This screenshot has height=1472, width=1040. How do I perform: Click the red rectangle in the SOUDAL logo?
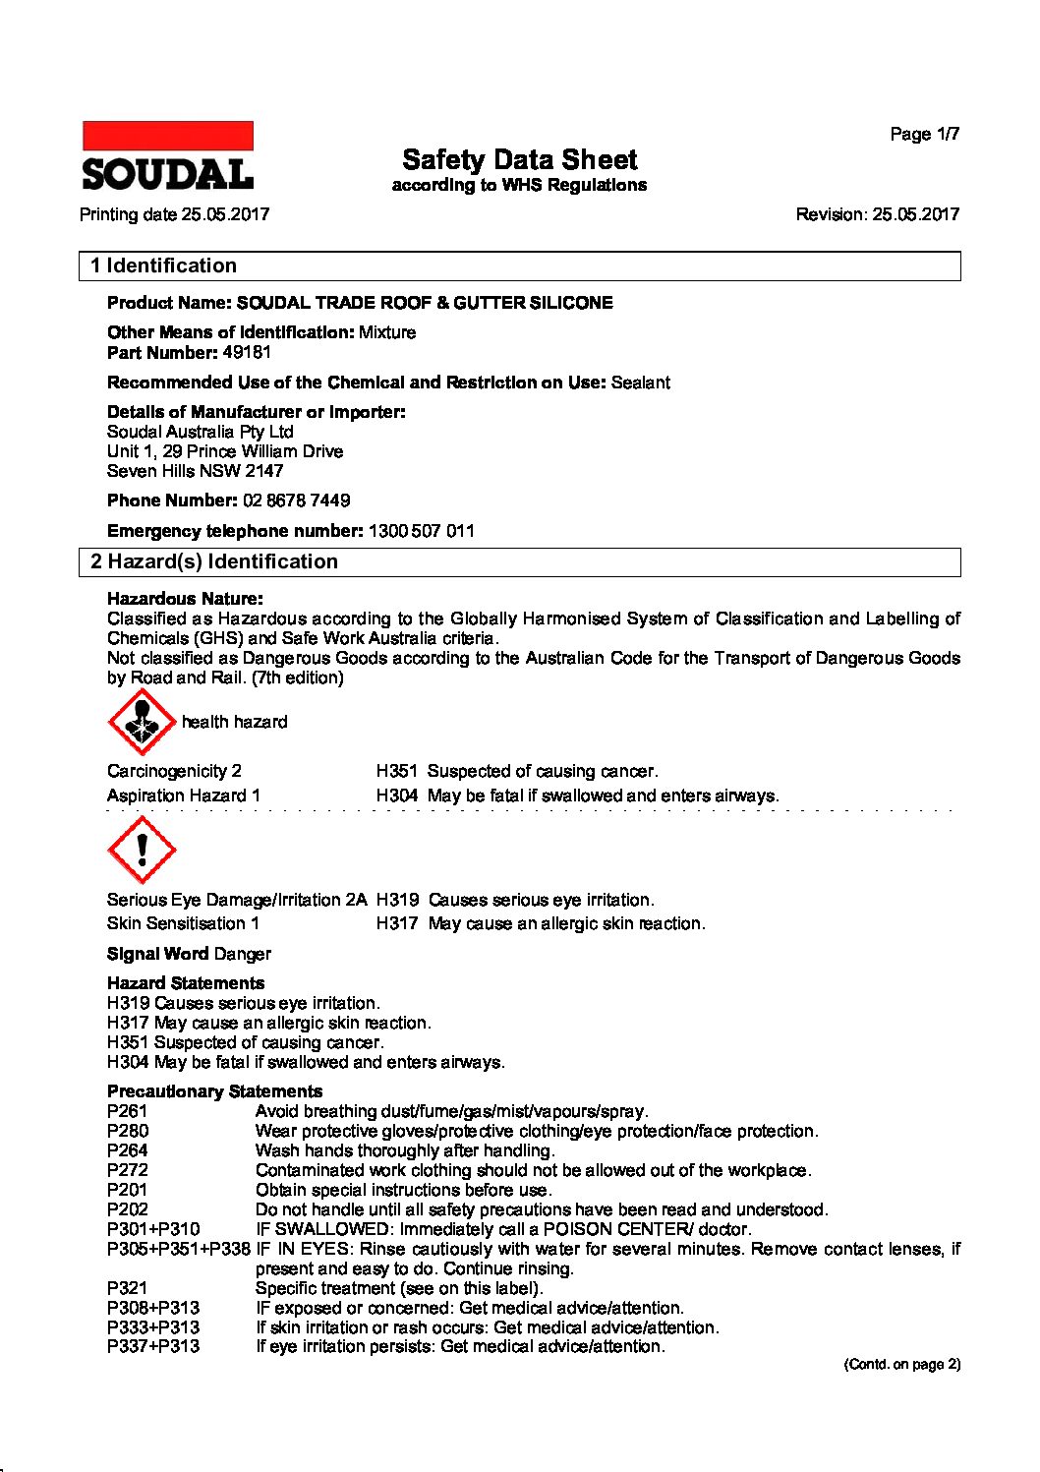click(x=168, y=136)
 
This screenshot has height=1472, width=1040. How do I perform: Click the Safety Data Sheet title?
click(x=519, y=160)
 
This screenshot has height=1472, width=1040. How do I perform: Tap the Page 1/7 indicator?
click(x=924, y=135)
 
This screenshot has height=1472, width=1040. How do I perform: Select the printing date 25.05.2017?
click(x=225, y=214)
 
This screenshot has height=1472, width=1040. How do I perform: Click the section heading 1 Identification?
click(x=163, y=266)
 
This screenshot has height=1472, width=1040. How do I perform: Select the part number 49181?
click(x=247, y=353)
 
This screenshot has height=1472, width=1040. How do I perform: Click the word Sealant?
click(x=640, y=383)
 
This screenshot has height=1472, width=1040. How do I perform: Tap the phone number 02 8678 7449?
click(x=296, y=500)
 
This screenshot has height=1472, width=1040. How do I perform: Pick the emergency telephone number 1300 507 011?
click(x=422, y=531)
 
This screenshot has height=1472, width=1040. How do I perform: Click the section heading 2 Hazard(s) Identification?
click(x=214, y=562)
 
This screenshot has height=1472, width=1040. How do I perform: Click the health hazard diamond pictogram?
click(x=142, y=722)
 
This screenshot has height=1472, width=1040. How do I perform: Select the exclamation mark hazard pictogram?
click(x=142, y=850)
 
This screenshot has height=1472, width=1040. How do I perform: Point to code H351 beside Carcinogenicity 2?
click(x=396, y=772)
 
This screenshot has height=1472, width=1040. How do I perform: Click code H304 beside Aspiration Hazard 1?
click(x=396, y=796)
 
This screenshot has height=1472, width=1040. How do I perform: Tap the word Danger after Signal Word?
click(x=242, y=955)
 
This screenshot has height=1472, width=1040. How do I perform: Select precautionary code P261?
click(x=128, y=1112)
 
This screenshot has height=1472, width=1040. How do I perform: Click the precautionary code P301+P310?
click(x=153, y=1230)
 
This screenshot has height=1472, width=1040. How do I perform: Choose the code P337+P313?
click(x=153, y=1347)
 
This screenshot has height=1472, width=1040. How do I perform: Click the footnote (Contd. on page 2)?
click(x=901, y=1365)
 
